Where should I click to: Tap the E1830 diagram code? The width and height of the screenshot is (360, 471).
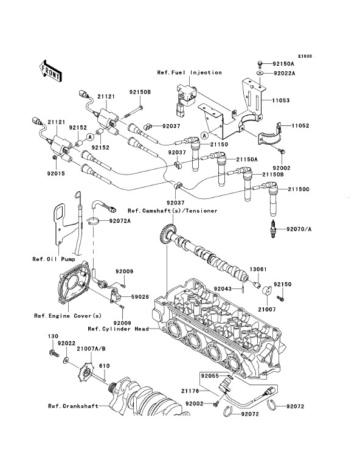[x=305, y=56]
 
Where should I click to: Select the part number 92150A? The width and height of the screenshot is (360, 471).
[x=283, y=64]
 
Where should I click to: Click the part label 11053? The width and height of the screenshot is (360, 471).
[x=281, y=100]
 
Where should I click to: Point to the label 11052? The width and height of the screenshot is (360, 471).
[x=300, y=126]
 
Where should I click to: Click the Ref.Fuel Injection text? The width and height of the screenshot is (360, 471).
[x=190, y=72]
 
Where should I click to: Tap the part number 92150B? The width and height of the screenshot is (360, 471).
[x=140, y=92]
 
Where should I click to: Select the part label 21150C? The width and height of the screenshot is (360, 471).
[x=299, y=189]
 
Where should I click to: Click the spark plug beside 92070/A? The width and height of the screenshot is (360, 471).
[x=274, y=229]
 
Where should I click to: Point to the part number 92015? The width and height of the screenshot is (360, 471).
[x=56, y=173]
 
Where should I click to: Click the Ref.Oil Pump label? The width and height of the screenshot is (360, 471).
[x=54, y=259]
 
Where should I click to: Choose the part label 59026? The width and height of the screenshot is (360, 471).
[x=140, y=297]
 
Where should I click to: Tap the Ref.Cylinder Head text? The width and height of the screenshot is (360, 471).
[x=119, y=329]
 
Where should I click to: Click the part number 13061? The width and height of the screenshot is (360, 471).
[x=258, y=270]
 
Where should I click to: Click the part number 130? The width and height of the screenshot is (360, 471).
[x=53, y=337]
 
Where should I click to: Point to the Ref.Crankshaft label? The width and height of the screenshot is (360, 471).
[x=73, y=406]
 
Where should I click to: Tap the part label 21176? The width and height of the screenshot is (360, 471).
[x=190, y=391]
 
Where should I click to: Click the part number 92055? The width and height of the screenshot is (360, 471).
[x=210, y=376]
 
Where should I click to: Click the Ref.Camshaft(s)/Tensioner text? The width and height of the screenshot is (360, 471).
[x=173, y=211]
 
